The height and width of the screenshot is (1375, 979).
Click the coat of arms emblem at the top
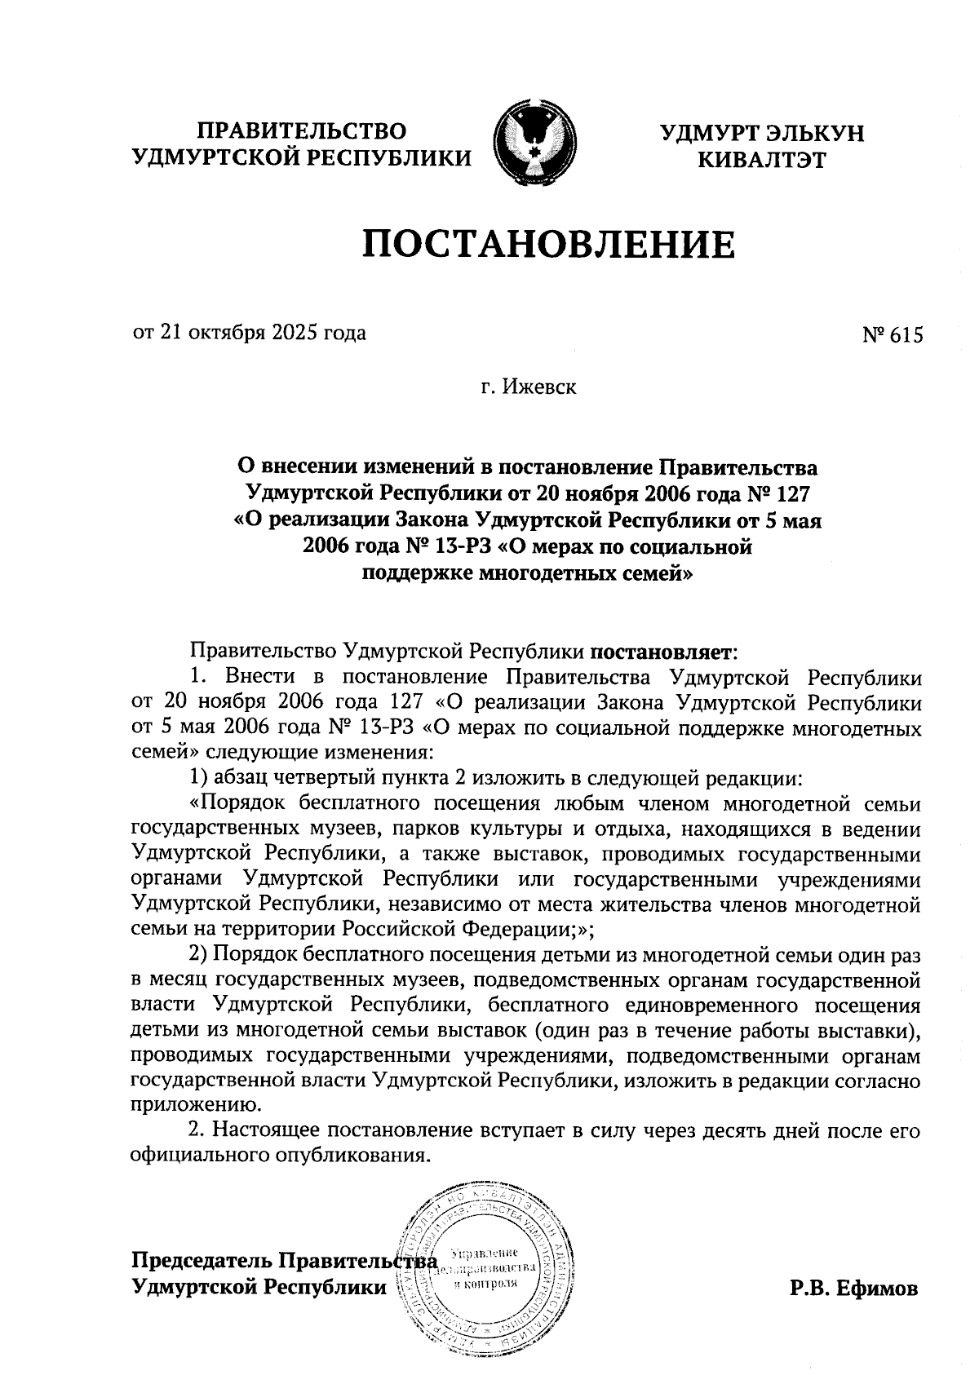534,141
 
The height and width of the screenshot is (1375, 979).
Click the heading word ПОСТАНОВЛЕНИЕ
548,244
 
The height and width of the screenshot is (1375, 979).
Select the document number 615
908,335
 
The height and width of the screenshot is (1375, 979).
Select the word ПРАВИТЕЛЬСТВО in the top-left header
303,131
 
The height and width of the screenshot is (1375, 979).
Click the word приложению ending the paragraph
196,1105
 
